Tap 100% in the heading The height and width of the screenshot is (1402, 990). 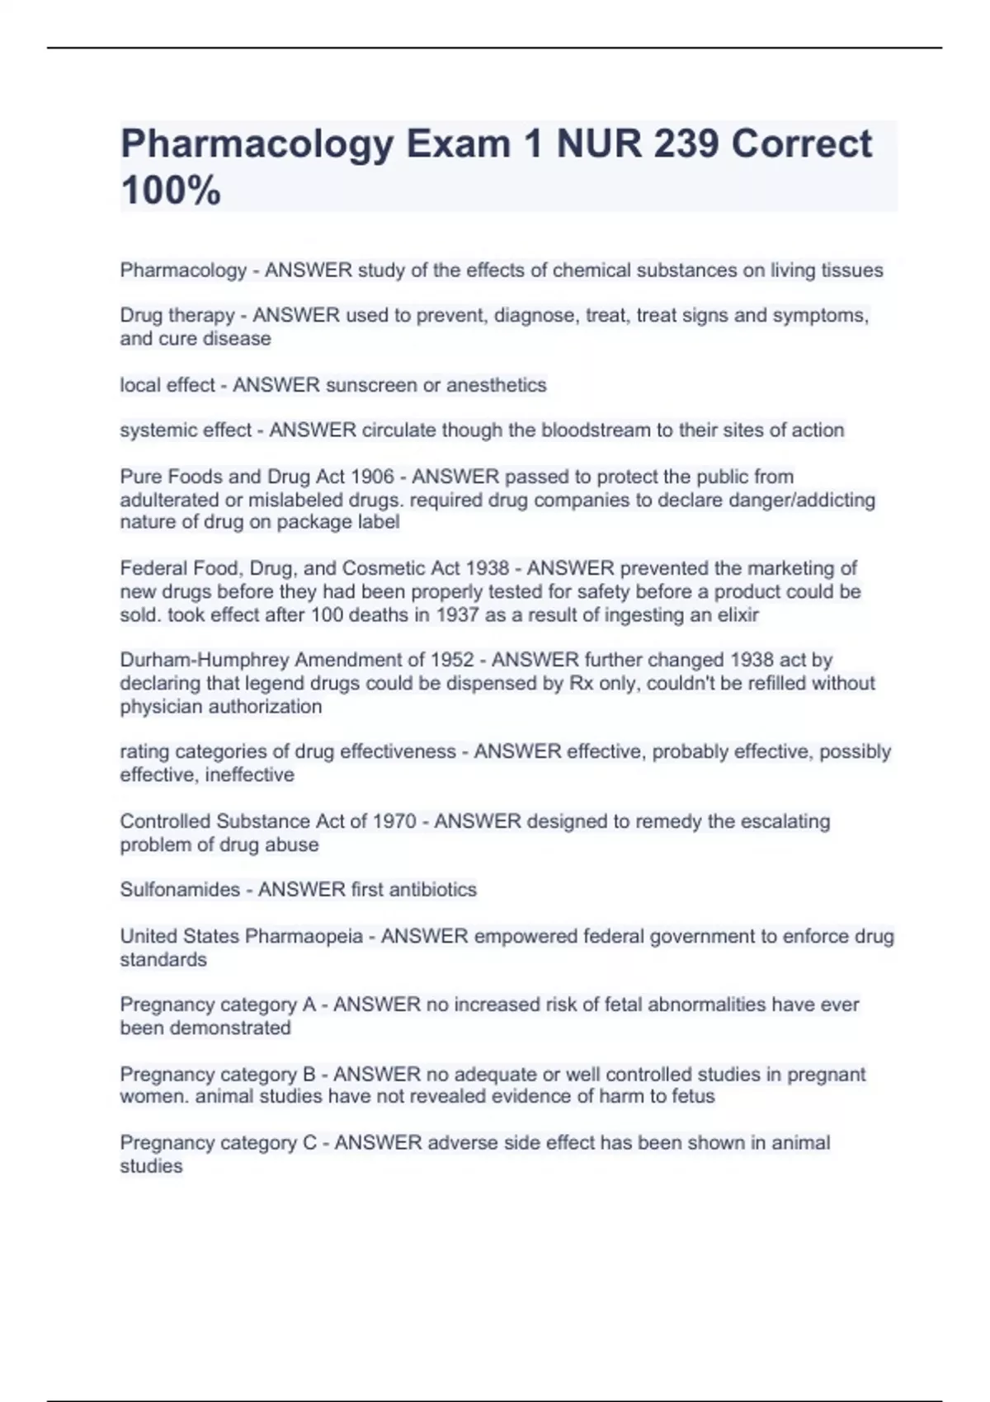coord(171,191)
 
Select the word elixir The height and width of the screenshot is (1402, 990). coord(737,614)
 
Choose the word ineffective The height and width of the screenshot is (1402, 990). coord(249,774)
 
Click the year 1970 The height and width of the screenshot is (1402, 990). coord(394,821)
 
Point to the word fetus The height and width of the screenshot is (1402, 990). coord(693,1096)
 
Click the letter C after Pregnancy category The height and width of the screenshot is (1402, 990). coord(309,1143)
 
